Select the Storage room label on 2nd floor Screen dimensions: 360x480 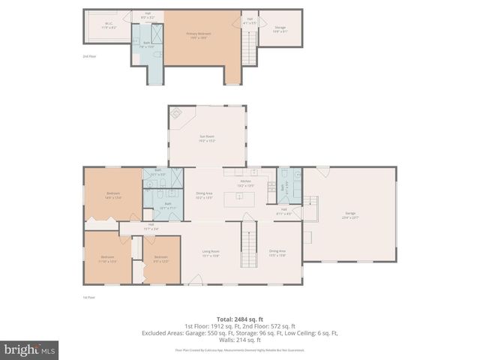point(279,28)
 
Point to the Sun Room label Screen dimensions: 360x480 point(207,138)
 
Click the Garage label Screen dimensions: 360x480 point(350,215)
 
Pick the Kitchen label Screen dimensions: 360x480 point(245,183)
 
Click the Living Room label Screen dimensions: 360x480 point(211,253)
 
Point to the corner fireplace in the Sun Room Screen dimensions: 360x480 point(176,114)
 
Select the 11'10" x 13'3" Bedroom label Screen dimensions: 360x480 point(109,259)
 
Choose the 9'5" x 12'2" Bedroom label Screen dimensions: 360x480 point(160,259)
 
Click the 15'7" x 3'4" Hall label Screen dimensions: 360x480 point(151,226)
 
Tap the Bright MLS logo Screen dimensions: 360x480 point(30,349)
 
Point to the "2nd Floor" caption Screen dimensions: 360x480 point(89,57)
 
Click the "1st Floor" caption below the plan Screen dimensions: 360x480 point(89,297)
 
